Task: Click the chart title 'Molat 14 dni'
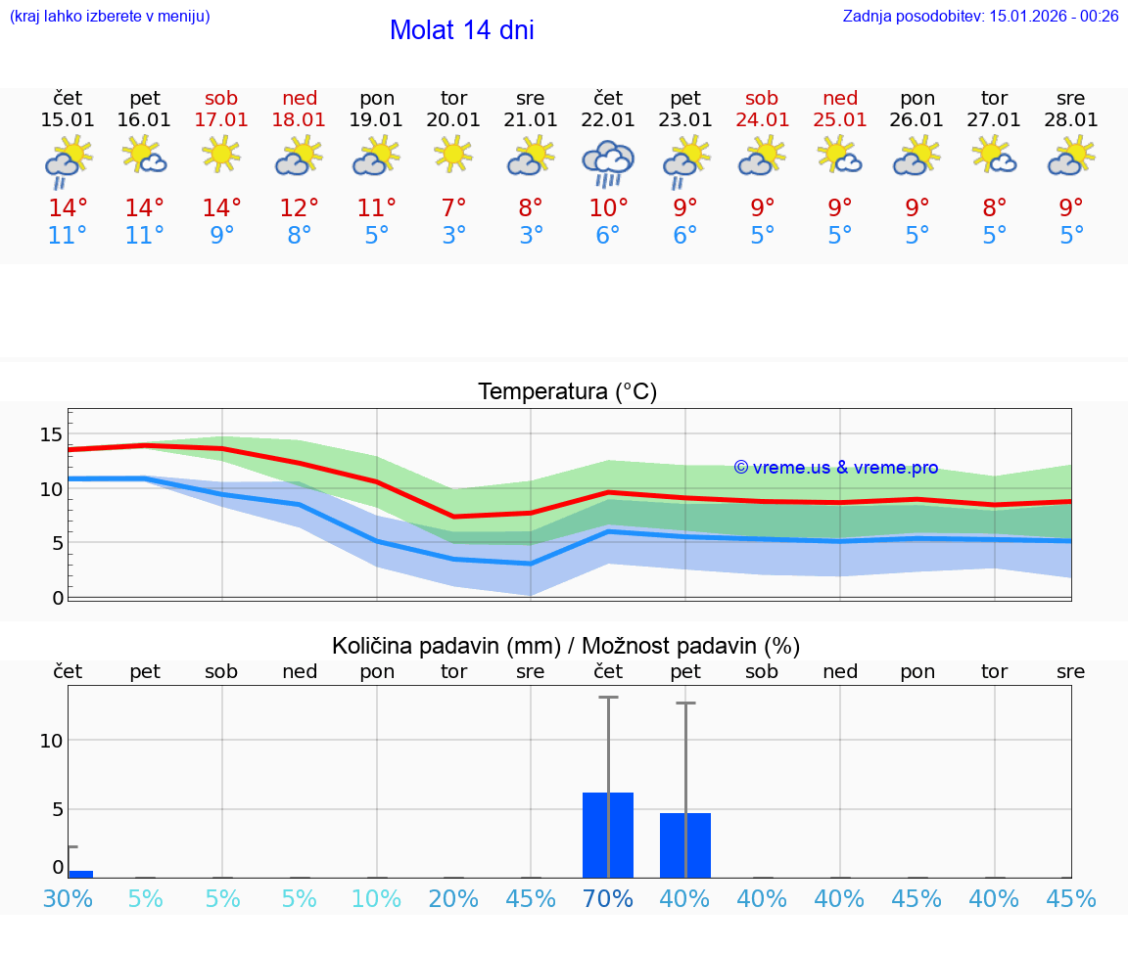pyautogui.click(x=461, y=30)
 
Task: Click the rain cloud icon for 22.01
pyautogui.click(x=608, y=163)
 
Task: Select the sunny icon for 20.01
pyautogui.click(x=453, y=154)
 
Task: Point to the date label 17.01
pyautogui.click(x=222, y=119)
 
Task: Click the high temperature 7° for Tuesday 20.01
pyautogui.click(x=453, y=207)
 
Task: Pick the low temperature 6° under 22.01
pyautogui.click(x=608, y=236)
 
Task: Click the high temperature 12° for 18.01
pyautogui.click(x=300, y=207)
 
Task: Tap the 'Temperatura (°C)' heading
pyautogui.click(x=567, y=392)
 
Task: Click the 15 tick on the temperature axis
pyautogui.click(x=51, y=434)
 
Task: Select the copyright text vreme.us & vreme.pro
pyautogui.click(x=836, y=468)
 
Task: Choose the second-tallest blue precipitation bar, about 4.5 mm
pyautogui.click(x=685, y=845)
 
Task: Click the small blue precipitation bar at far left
pyautogui.click(x=80, y=874)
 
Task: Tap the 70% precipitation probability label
pyautogui.click(x=608, y=899)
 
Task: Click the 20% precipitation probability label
pyautogui.click(x=453, y=899)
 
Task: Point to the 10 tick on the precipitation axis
pyautogui.click(x=51, y=741)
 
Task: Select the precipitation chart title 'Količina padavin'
pyautogui.click(x=446, y=646)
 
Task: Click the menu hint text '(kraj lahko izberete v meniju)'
pyautogui.click(x=110, y=16)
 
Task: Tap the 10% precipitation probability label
pyautogui.click(x=377, y=899)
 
